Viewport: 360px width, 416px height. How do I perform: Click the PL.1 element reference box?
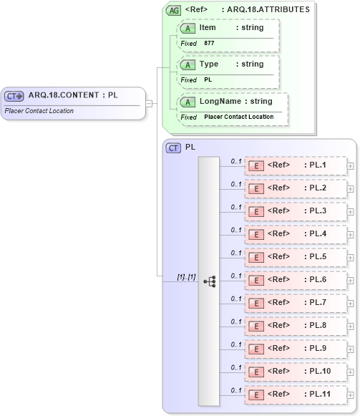click(295, 165)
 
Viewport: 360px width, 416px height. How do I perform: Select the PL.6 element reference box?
click(295, 280)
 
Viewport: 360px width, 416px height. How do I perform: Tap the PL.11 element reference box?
click(295, 395)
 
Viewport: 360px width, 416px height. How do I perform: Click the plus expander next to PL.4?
click(350, 234)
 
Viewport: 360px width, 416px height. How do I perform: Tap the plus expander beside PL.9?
click(350, 349)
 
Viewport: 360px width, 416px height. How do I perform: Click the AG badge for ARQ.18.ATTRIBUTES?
click(173, 10)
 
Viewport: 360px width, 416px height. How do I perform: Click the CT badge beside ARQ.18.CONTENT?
click(14, 95)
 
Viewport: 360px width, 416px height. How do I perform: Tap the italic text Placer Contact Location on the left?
click(39, 111)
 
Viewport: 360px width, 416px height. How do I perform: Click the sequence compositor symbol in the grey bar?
click(209, 281)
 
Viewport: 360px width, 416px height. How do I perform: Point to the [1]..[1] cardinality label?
click(186, 276)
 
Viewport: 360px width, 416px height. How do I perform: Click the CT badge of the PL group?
click(173, 147)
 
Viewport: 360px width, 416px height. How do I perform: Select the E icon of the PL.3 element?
click(255, 211)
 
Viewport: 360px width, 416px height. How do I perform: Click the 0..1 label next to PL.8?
click(235, 321)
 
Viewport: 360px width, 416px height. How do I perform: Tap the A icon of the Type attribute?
click(188, 64)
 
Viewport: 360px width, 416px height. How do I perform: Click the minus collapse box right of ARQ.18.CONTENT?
click(149, 102)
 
